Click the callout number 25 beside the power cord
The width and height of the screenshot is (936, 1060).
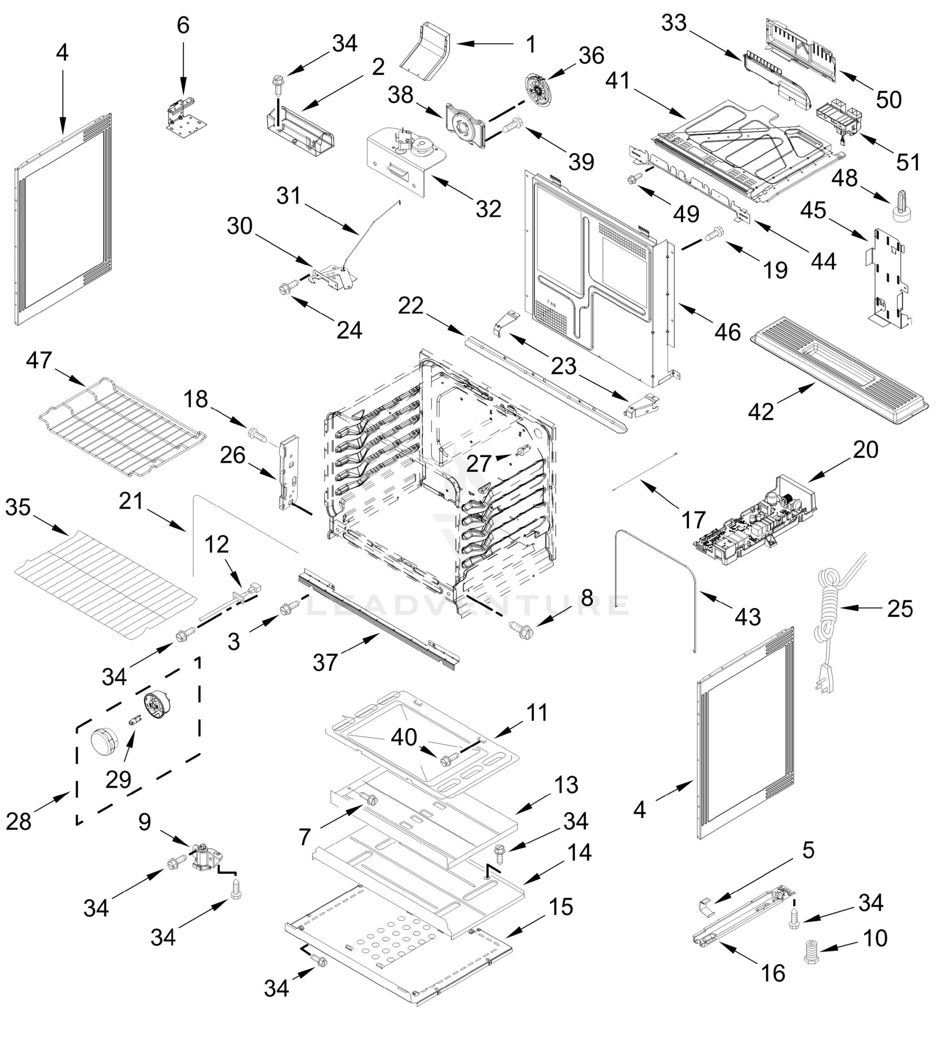pos(900,609)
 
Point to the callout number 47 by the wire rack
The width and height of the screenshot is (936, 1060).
pos(39,360)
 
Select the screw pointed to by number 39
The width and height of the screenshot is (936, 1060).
pos(513,125)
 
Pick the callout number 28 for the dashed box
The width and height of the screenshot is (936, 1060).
pos(18,821)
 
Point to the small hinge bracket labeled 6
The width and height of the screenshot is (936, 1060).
pos(182,111)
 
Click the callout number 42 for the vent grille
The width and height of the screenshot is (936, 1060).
pos(761,411)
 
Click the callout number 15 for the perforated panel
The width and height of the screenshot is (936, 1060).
pos(561,908)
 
